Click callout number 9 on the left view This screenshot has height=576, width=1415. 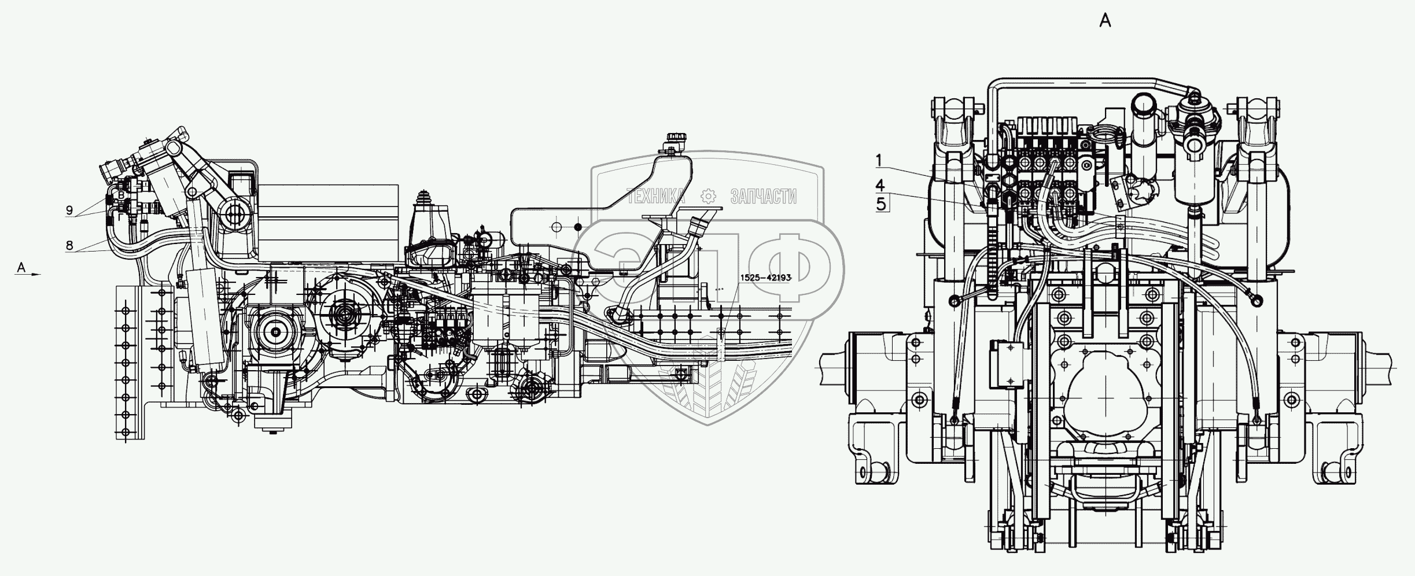69,211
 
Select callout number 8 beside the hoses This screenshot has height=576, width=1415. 69,245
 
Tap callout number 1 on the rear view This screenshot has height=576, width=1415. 879,158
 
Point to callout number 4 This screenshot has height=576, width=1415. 880,186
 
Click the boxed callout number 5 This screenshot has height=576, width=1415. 881,204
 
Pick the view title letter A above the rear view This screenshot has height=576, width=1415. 1106,21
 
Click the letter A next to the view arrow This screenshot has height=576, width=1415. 21,267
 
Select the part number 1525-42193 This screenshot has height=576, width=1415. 765,278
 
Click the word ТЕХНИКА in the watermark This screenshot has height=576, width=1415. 656,197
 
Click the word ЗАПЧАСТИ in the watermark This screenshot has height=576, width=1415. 763,197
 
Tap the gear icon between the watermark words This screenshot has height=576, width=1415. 707,197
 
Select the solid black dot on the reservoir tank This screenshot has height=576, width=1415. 577,227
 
